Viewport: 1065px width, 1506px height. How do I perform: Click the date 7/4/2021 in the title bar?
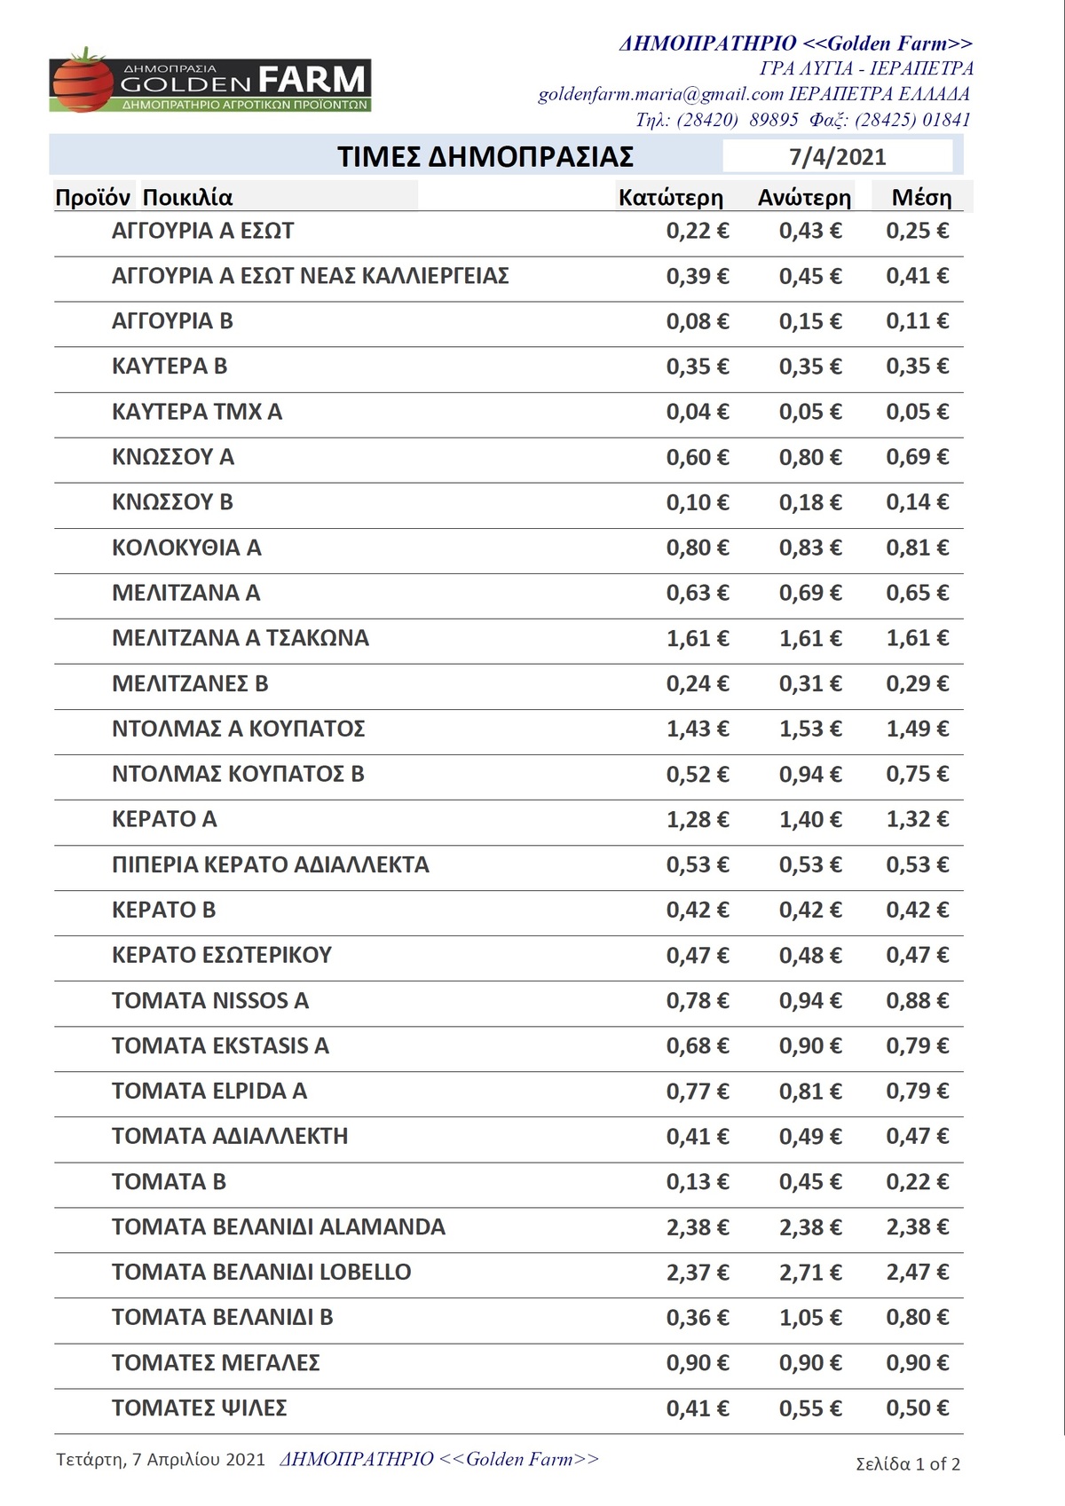point(837,157)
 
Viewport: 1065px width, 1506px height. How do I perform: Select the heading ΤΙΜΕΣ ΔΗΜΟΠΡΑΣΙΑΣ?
point(485,157)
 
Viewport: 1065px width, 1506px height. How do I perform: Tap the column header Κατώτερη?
point(670,198)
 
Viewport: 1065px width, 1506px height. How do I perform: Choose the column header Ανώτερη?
point(804,198)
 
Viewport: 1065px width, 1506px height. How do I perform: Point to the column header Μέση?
point(921,198)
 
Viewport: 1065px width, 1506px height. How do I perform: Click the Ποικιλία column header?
point(187,198)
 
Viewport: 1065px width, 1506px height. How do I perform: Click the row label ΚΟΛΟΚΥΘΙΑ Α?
point(186,548)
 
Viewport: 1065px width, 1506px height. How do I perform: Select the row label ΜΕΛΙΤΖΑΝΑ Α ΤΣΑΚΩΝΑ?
point(240,638)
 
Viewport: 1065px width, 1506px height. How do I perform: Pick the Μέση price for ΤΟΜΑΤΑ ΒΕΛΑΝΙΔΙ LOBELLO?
point(917,1273)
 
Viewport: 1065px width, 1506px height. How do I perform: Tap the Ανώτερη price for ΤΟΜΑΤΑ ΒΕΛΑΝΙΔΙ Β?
point(809,1318)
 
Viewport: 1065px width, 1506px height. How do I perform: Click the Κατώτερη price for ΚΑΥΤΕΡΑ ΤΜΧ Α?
point(697,412)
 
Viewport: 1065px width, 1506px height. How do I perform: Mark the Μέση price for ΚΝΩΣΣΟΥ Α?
point(917,457)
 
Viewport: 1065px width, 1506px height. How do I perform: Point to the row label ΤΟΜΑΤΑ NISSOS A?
point(210,1001)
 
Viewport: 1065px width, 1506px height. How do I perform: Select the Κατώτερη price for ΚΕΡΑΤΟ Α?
point(697,819)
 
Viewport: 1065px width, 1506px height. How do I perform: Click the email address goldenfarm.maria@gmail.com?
point(660,94)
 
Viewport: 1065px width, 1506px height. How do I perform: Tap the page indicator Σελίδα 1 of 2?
point(907,1464)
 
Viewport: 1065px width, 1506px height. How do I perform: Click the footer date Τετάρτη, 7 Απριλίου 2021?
point(161,1460)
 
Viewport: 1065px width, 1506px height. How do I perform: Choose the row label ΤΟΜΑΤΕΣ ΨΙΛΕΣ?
point(199,1408)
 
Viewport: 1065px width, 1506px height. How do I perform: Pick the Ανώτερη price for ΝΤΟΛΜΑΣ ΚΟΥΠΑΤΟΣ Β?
point(809,775)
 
